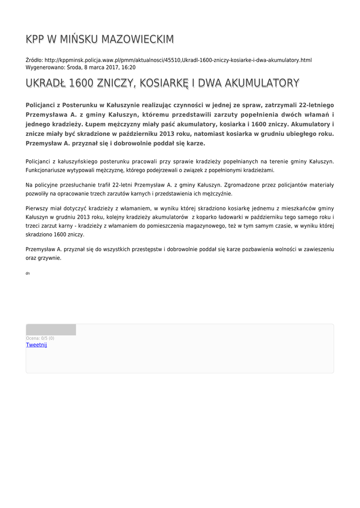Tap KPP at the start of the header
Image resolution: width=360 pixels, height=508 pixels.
(x=36, y=39)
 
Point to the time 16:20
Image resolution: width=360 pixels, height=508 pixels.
(x=129, y=67)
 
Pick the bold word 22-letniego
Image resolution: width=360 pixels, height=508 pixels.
(x=313, y=105)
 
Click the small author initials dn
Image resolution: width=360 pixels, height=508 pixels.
(x=28, y=273)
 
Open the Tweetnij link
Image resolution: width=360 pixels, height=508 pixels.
(x=36, y=345)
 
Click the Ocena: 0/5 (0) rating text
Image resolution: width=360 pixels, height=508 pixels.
(x=40, y=338)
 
